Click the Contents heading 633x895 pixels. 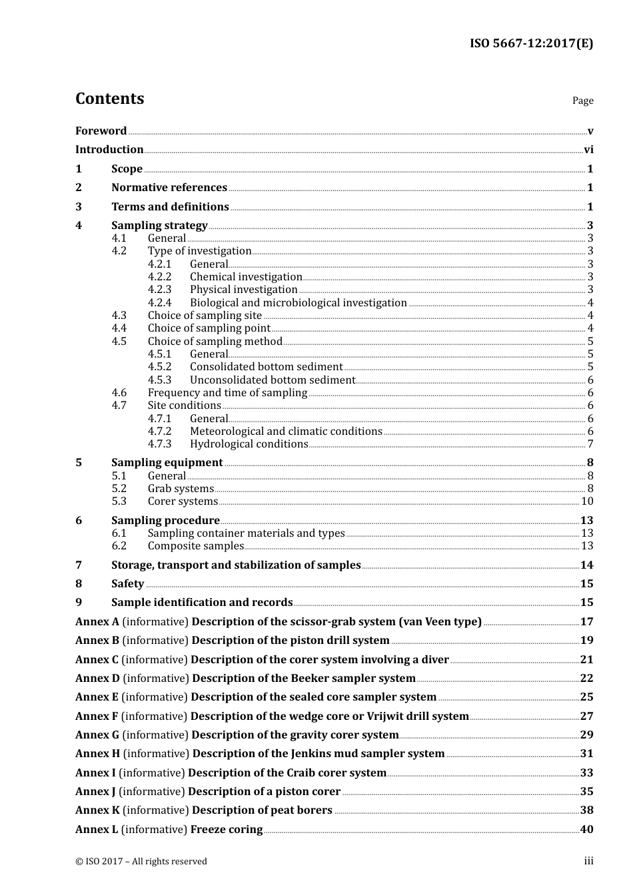110,99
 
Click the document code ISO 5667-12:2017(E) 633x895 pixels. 531,43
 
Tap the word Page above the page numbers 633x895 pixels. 582,101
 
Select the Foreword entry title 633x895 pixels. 101,131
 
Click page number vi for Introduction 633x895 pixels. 588,150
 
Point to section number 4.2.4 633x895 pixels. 160,302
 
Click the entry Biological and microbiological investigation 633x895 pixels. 298,302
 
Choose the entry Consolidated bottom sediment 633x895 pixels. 266,367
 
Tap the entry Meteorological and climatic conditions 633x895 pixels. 286,432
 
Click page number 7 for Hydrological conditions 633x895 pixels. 590,444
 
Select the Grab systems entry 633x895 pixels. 181,489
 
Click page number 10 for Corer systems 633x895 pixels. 587,501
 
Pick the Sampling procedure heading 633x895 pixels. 165,520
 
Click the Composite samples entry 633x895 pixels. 196,546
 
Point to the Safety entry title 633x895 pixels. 127,583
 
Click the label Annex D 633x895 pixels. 97,678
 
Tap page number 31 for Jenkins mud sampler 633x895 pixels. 586,753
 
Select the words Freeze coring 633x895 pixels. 227,829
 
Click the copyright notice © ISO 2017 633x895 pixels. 141,861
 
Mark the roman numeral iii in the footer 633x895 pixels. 588,860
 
